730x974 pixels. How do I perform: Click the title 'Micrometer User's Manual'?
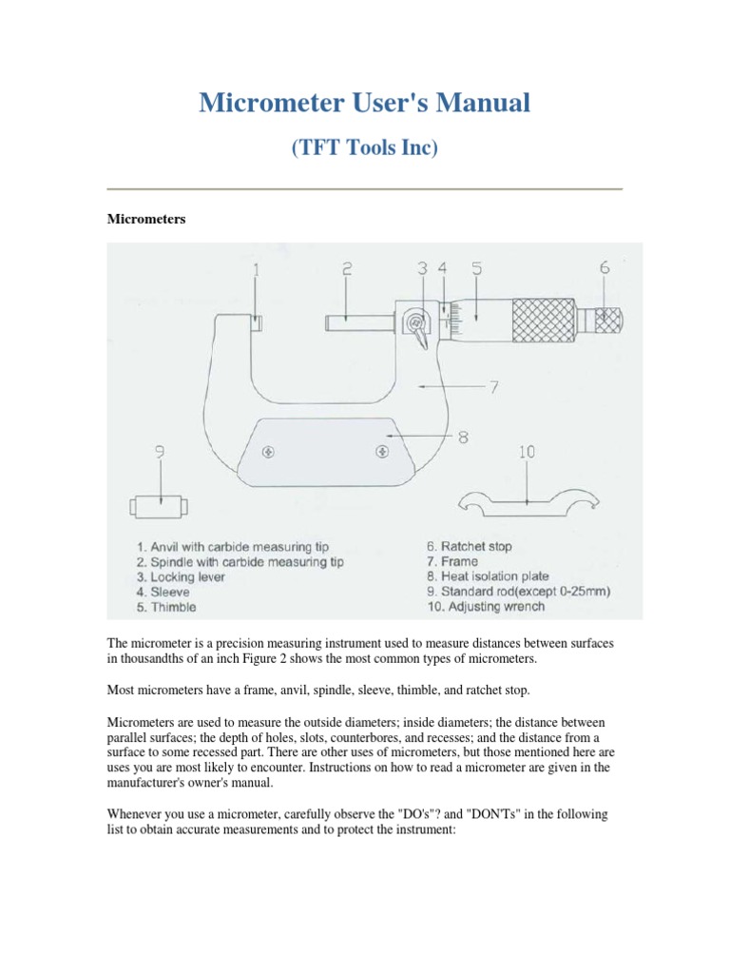[365, 103]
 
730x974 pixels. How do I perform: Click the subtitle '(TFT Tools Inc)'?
[365, 148]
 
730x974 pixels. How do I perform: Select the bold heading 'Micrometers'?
[145, 219]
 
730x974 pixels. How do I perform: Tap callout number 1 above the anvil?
[256, 271]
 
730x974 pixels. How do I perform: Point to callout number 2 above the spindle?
[347, 270]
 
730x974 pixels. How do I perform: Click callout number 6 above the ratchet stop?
[605, 269]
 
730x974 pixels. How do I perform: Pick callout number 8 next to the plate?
[463, 438]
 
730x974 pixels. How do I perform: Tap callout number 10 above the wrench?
[527, 454]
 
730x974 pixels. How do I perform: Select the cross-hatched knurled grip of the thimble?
[544, 320]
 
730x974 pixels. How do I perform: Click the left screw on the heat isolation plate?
[272, 451]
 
